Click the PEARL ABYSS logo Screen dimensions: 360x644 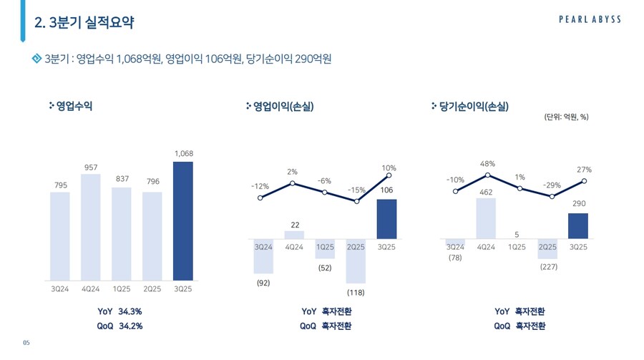[x=590, y=20]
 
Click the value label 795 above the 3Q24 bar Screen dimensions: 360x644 [x=61, y=185]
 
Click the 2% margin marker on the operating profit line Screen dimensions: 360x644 [x=293, y=184]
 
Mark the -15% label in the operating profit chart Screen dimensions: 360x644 [x=356, y=190]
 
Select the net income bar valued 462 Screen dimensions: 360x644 [x=487, y=218]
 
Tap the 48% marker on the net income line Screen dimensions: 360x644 [x=487, y=175]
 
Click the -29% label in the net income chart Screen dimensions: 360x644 [x=552, y=185]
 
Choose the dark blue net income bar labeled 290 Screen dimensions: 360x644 [x=578, y=226]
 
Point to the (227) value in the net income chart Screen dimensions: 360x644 [x=548, y=266]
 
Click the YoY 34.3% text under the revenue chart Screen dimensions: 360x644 [x=120, y=311]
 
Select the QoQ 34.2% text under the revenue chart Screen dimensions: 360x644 [x=120, y=326]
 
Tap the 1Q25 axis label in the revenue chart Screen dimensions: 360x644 [x=122, y=289]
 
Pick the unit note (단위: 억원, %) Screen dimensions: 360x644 [x=566, y=117]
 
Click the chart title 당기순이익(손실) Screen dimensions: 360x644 [x=474, y=107]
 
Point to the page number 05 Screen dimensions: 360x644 [x=26, y=344]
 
